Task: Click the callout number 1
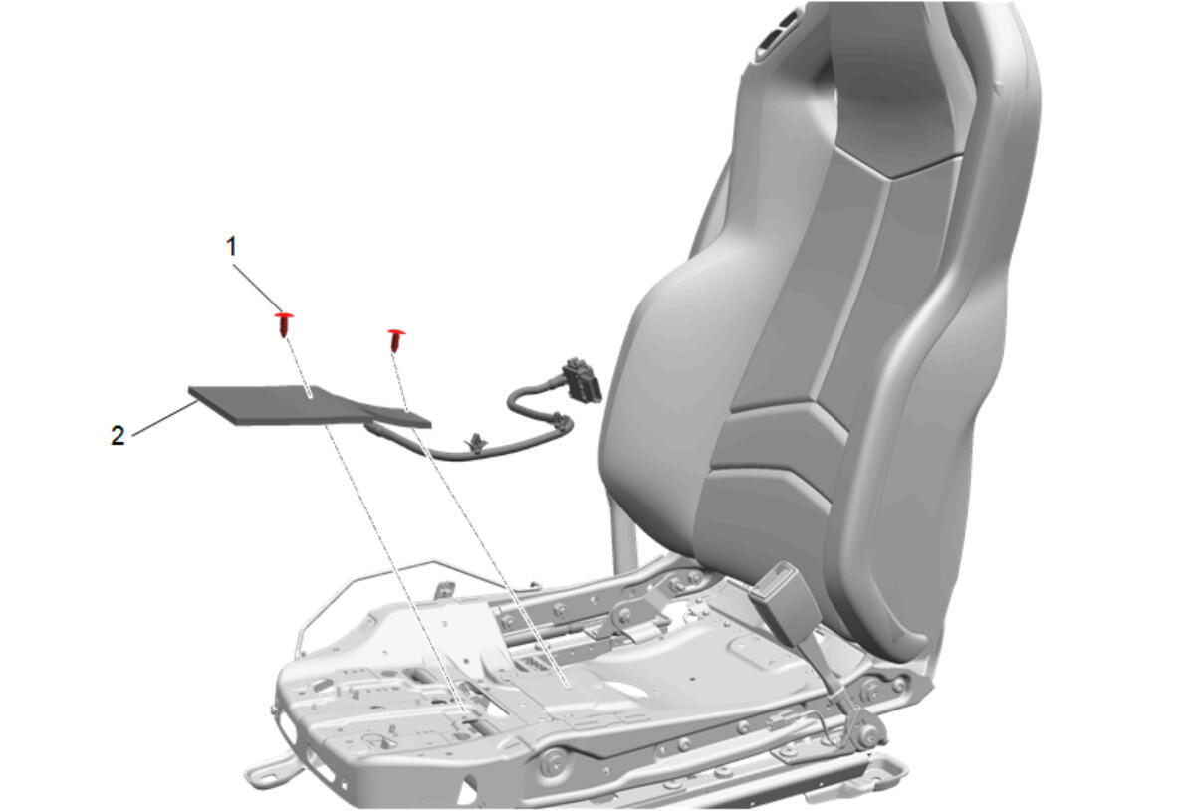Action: pos(231,246)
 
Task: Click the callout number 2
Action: pos(118,435)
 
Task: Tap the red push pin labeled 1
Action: pos(285,324)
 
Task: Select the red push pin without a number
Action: pos(396,339)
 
